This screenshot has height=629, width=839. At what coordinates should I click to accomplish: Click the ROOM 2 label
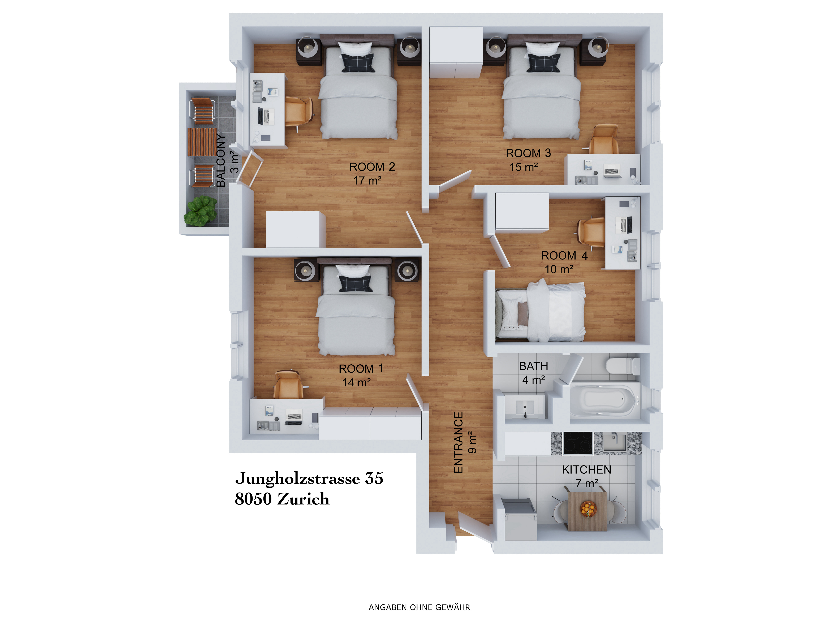(372, 167)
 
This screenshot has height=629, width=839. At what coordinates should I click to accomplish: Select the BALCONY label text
(221, 160)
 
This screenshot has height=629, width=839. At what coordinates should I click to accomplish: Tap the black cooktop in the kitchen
(578, 443)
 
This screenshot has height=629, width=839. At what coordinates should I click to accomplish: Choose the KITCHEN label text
(586, 470)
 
